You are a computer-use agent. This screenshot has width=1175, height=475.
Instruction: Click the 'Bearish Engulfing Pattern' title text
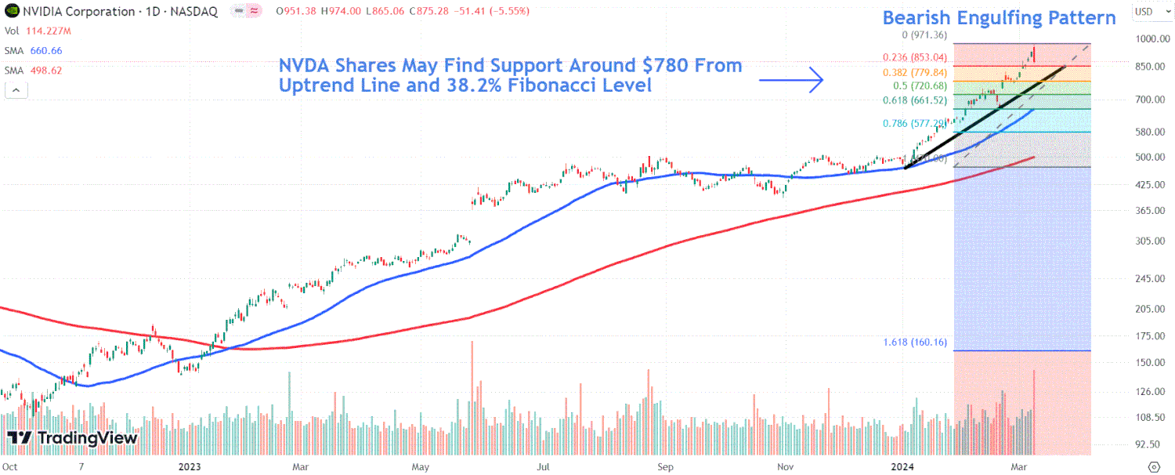[x=999, y=18]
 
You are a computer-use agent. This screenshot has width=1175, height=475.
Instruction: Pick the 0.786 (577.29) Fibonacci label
[x=909, y=124]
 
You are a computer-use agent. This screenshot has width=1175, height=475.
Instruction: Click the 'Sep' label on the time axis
[x=665, y=466]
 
